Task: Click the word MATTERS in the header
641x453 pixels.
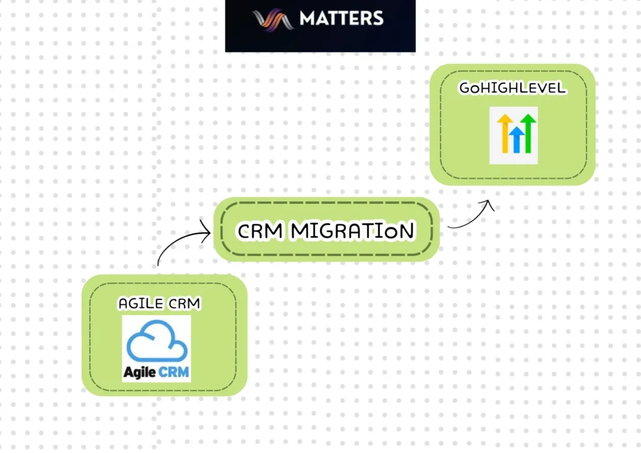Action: click(341, 18)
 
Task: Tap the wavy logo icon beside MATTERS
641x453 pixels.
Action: click(273, 19)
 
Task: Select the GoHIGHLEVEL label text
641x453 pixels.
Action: click(512, 88)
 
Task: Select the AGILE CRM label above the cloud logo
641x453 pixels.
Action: click(159, 304)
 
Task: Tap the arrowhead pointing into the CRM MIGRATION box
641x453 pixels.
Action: click(206, 234)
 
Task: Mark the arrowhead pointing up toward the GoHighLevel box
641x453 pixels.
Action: click(489, 205)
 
